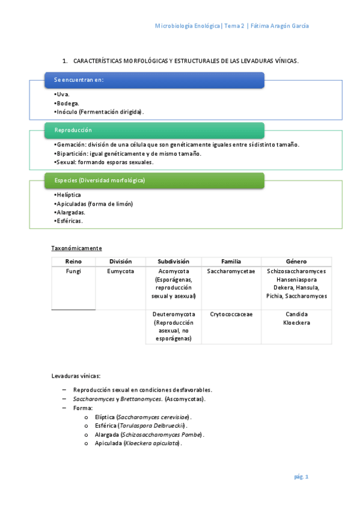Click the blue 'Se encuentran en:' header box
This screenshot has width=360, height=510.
point(154,80)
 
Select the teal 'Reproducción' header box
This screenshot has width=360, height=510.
point(154,130)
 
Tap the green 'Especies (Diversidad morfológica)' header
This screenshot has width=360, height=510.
point(154,180)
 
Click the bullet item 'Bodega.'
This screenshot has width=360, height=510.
point(67,103)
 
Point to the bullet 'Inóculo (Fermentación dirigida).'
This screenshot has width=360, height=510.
point(100,112)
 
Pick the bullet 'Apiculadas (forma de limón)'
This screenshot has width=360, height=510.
point(94,204)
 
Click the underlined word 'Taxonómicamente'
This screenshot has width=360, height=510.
point(76,248)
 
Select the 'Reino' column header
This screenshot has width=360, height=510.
point(73,262)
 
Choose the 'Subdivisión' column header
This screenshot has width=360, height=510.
point(173,262)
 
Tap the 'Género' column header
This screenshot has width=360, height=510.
point(296,262)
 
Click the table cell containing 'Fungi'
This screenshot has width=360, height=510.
point(73,271)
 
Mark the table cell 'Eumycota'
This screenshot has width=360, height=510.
point(120,271)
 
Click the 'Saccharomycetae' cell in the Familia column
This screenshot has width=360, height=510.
point(231,271)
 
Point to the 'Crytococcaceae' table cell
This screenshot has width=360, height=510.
point(231,314)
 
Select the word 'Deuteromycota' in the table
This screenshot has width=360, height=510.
point(174,314)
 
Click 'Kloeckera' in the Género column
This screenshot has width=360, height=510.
point(296,322)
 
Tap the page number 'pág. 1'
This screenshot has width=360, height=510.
point(301,477)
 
